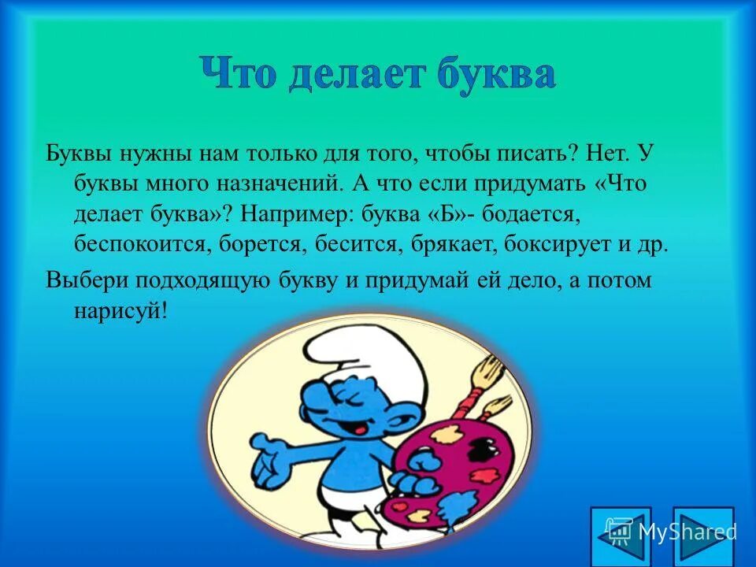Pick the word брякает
point(445,243)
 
